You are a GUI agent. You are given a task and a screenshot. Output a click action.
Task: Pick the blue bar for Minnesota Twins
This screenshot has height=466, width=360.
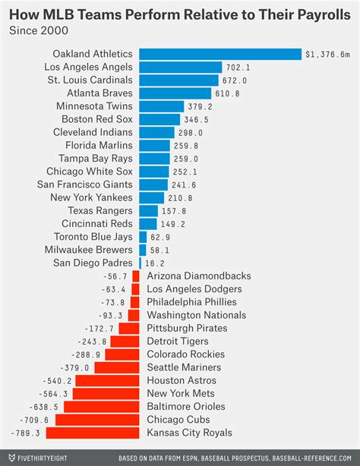161,106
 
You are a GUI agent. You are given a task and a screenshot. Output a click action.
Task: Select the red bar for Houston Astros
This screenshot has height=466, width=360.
107,380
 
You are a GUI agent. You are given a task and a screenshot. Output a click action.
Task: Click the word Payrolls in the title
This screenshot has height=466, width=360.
320,13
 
